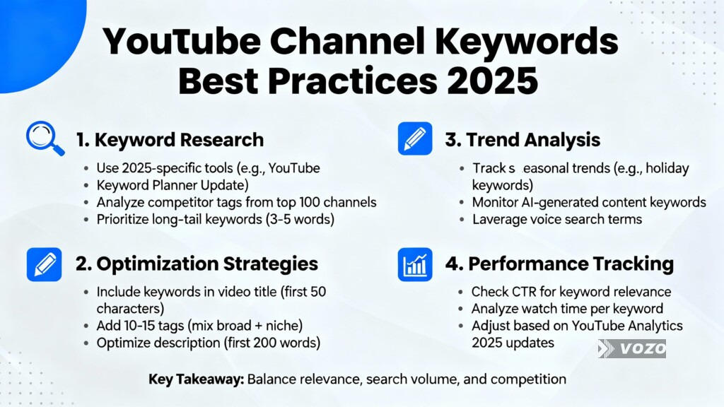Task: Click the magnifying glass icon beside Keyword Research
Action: [x=45, y=138]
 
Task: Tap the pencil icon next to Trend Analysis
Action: [x=415, y=138]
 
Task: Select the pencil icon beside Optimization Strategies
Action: [x=45, y=264]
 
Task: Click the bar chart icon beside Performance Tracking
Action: [x=415, y=264]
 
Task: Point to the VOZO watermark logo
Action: [x=631, y=348]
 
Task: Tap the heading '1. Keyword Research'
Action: [x=169, y=140]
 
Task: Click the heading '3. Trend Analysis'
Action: [x=522, y=140]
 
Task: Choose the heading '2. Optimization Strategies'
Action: [x=197, y=264]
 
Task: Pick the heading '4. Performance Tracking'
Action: [x=559, y=264]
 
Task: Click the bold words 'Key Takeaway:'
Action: [x=196, y=379]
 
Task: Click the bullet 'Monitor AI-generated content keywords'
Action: [x=588, y=202]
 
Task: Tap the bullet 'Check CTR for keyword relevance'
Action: [x=571, y=291]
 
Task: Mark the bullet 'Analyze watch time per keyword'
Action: [x=566, y=308]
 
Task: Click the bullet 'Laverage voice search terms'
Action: [x=556, y=219]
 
